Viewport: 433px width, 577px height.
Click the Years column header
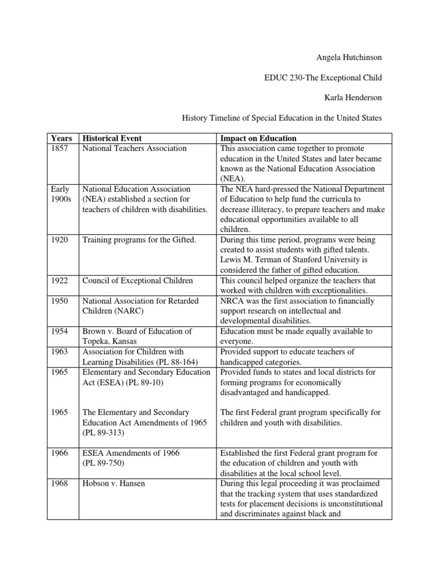pyautogui.click(x=61, y=139)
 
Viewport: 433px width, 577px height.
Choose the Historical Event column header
pyautogui.click(x=112, y=139)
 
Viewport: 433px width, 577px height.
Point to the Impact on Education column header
pyautogui.click(x=258, y=139)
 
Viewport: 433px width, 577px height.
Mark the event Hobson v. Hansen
pyautogui.click(x=114, y=483)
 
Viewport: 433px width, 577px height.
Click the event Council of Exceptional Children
pyautogui.click(x=138, y=281)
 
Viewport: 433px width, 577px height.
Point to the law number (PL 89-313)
pyautogui.click(x=104, y=433)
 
